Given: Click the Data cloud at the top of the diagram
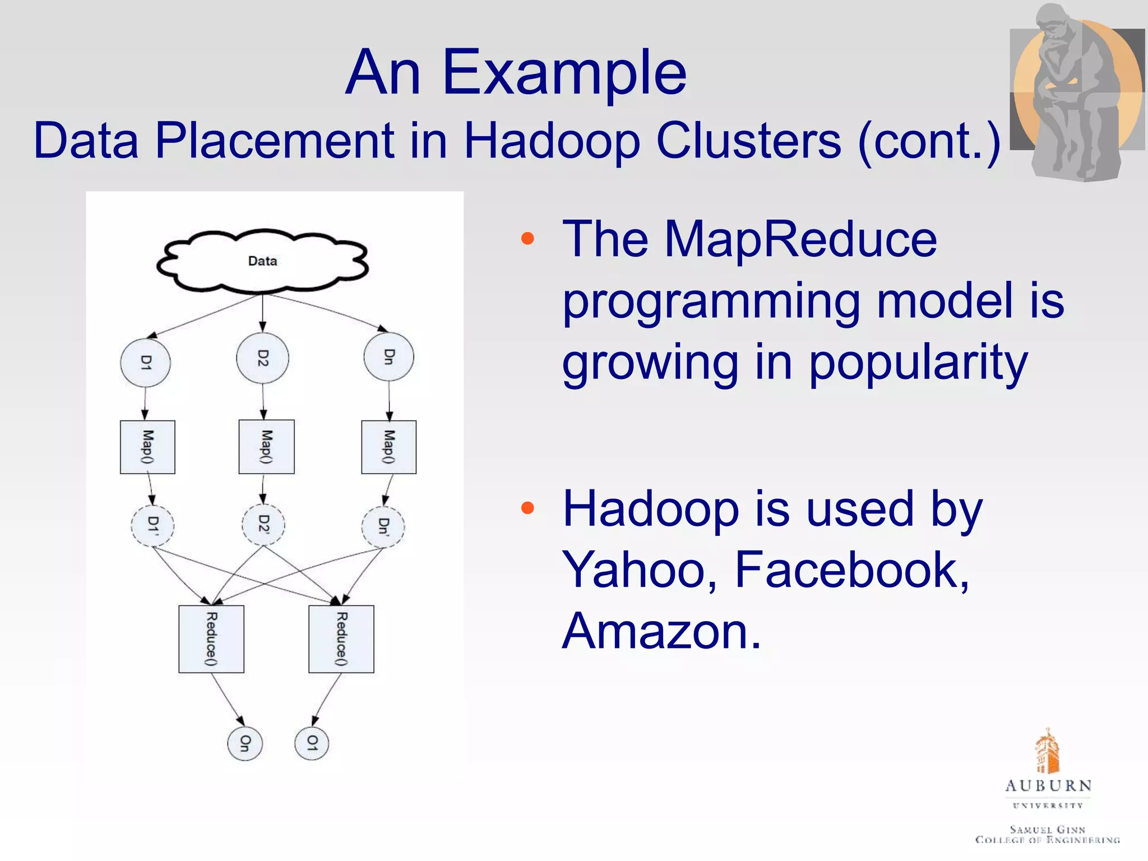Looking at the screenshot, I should click(262, 261).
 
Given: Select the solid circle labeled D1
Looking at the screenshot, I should click(145, 363).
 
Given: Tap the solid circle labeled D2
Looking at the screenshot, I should click(262, 358).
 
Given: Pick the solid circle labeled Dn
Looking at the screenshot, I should click(388, 357).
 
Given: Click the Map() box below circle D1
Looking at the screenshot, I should click(147, 447).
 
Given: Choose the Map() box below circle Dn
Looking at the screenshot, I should click(388, 447).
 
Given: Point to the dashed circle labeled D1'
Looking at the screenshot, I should click(152, 525).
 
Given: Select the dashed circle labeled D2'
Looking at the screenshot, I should click(263, 525).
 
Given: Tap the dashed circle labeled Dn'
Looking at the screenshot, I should click(383, 526).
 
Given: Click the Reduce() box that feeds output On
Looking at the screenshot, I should click(211, 638).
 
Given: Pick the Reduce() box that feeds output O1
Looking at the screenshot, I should click(341, 638).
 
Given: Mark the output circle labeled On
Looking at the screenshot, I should click(245, 743).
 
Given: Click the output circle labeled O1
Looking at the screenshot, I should click(312, 743).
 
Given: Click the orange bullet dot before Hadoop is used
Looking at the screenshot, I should click(527, 508).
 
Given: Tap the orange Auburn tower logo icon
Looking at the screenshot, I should click(1047, 751).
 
